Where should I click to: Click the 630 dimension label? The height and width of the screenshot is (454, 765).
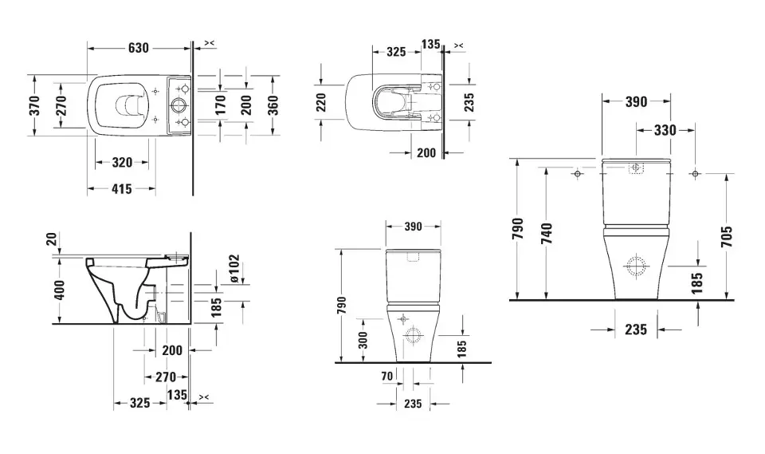point(139,48)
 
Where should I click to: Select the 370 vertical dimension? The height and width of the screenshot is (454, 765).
point(34,106)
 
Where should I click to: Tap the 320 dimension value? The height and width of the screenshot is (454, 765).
point(122,162)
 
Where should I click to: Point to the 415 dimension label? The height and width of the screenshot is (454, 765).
point(121,188)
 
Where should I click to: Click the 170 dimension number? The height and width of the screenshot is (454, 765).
point(221,105)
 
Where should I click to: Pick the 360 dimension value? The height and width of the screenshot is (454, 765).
point(273,105)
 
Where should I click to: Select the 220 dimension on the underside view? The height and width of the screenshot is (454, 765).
point(321,103)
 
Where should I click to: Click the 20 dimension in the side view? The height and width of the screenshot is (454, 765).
point(53,239)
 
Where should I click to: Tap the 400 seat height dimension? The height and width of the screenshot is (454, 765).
point(59,290)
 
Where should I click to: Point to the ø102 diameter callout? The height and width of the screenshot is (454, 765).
point(234,268)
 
